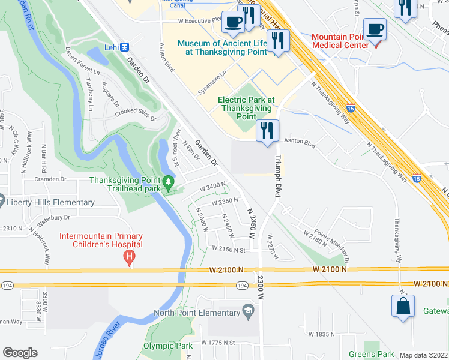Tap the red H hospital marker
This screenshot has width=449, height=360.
tap(127, 258)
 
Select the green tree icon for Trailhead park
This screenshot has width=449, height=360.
tap(169, 180)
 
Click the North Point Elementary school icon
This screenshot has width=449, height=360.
tap(247, 312)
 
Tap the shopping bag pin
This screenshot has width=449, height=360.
tap(403, 305)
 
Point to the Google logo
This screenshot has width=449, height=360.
tap(20, 353)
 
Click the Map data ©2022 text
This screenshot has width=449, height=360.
tap(424, 355)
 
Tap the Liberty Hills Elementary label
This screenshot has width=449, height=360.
tap(50, 203)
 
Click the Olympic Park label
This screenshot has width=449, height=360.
tap(168, 346)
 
